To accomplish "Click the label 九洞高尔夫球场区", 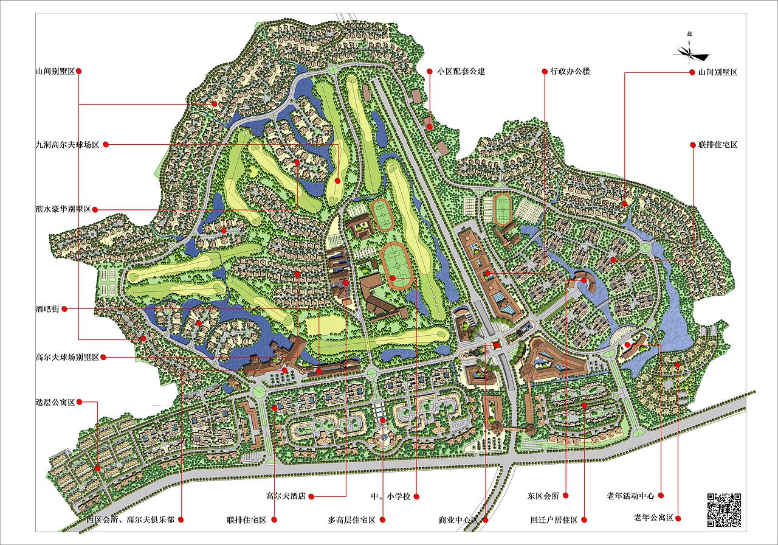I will (67, 145).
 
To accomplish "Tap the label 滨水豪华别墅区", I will (63, 209).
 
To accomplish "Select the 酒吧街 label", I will (47, 309).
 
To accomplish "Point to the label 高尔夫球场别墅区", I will (67, 358).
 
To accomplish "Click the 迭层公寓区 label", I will (55, 402).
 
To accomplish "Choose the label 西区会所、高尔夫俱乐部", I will (130, 520).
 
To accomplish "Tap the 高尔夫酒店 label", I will (285, 496).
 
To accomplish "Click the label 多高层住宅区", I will (352, 520).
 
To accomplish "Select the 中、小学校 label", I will (391, 496).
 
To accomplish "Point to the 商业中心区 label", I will (460, 520).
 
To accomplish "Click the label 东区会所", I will (543, 496).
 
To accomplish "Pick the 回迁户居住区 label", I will (554, 520).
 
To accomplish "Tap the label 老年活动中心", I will (630, 496).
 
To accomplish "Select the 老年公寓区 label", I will (653, 518).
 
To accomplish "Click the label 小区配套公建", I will (460, 71).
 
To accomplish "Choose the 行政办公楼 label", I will (570, 71).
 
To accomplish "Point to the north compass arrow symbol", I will (690, 54).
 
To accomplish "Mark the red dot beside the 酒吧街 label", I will (64, 309).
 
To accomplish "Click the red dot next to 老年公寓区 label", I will (678, 518).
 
